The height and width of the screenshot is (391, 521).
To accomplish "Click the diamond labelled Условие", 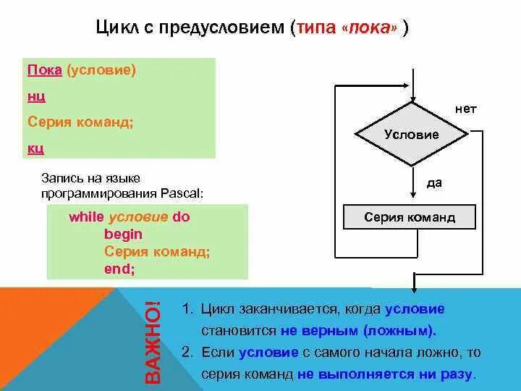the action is coord(411,135).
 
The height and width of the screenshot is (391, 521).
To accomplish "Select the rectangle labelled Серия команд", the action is coord(410,217).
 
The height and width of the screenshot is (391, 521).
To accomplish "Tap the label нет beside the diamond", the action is coord(465,109).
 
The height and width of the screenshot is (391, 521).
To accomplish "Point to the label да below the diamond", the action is coord(434,183).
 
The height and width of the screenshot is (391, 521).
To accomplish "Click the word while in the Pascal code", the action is coord(86,216).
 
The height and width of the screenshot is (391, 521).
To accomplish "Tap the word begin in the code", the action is coord(123,234).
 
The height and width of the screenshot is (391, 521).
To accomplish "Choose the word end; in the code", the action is coord(119,269).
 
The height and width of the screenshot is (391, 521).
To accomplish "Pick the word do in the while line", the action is coord(180,216).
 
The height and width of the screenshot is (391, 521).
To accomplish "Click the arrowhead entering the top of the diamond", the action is coord(412,101).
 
